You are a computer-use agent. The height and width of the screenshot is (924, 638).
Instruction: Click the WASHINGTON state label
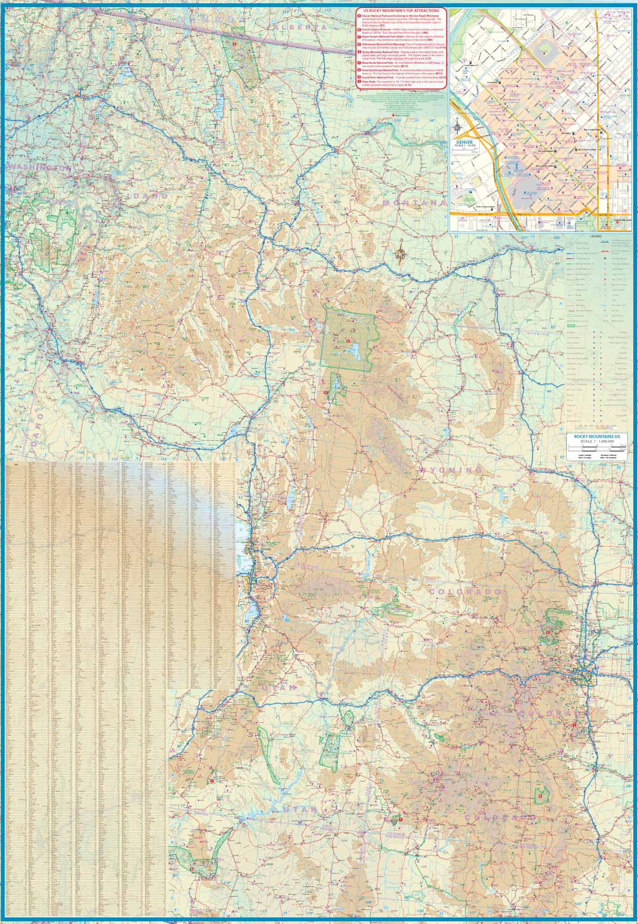click(39, 167)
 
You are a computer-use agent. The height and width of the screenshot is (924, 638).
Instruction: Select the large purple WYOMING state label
click(450, 470)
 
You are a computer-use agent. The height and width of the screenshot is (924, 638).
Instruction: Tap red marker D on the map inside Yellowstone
click(348, 341)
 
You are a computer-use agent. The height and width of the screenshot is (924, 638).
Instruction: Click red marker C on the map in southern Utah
click(212, 781)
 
